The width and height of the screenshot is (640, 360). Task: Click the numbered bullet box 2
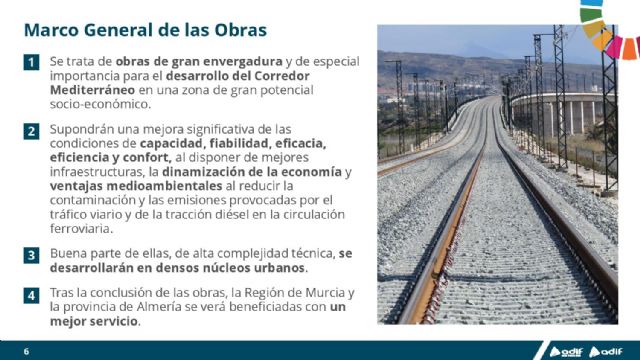click(x=32, y=130)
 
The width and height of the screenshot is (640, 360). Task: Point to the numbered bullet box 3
click(x=32, y=255)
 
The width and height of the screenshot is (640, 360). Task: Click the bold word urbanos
click(x=275, y=268)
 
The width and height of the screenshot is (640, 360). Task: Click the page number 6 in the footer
click(x=26, y=351)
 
